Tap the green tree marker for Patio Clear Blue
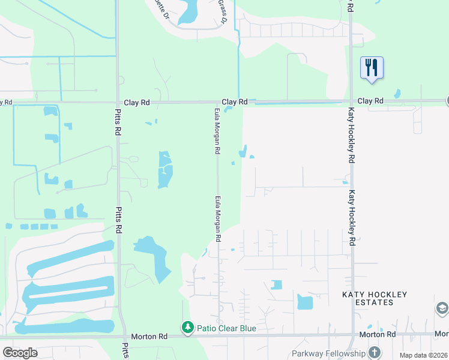point(187,328)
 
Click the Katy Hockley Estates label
point(375,298)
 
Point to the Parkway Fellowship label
point(328,353)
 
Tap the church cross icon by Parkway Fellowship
point(375,352)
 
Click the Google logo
point(20,352)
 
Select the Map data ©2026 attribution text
point(423,355)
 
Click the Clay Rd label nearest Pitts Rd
point(136,103)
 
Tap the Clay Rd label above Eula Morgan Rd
point(235,103)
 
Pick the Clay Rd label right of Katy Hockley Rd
point(370,101)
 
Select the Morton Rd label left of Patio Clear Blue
point(150,337)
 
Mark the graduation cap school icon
point(442,308)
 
